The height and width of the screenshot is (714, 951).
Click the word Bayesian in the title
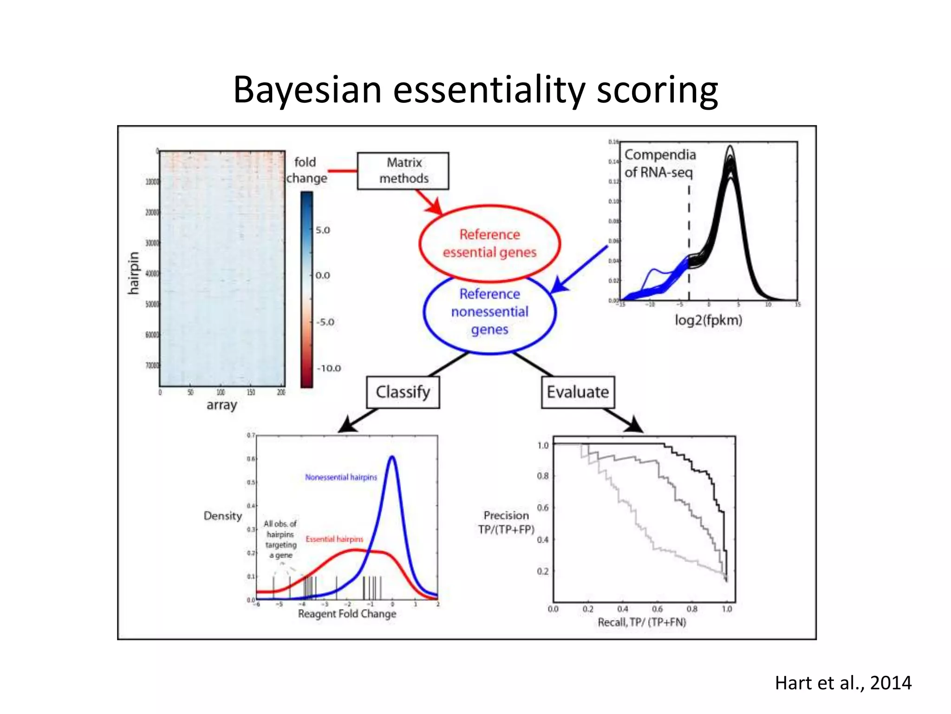(x=307, y=90)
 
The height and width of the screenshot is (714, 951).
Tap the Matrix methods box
(x=403, y=171)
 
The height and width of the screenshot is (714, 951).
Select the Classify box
(x=403, y=392)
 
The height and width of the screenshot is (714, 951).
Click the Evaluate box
(x=578, y=392)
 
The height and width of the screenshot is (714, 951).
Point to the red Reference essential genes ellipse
(x=489, y=243)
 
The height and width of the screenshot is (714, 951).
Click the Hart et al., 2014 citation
(x=843, y=683)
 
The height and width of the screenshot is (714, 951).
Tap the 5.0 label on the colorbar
(x=323, y=230)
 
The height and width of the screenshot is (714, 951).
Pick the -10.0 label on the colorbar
(x=329, y=368)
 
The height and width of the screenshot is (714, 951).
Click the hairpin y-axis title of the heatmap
(x=134, y=273)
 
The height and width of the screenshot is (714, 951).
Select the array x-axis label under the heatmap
(x=221, y=405)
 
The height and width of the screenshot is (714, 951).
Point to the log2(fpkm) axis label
(x=708, y=320)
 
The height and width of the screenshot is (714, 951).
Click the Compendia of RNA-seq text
(x=659, y=163)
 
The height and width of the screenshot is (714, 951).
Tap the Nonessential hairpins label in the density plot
(x=341, y=477)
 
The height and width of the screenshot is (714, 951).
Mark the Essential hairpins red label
(x=334, y=539)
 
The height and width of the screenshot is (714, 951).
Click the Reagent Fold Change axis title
(x=347, y=614)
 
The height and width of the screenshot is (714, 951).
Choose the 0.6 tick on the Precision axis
(x=542, y=508)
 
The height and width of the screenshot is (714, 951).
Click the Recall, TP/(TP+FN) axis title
(x=641, y=622)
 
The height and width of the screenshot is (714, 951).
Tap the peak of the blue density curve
(x=392, y=457)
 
